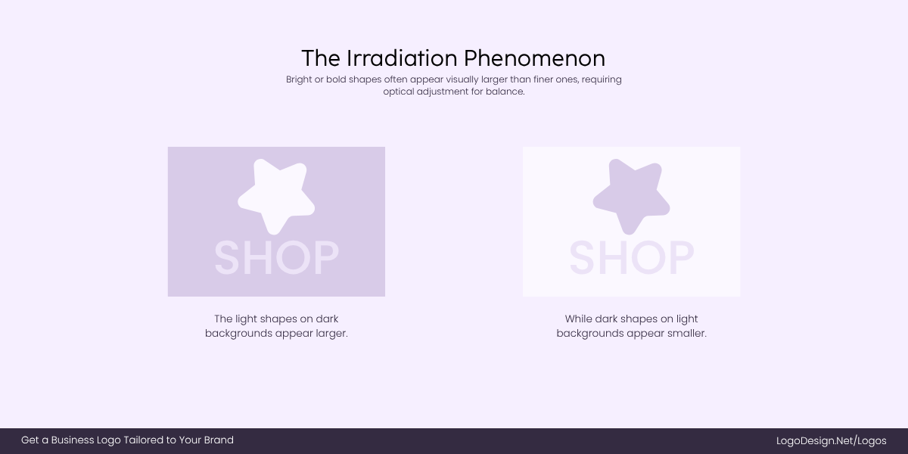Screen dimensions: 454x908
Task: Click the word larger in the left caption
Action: click(x=331, y=334)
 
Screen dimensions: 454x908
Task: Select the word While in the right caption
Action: click(x=578, y=319)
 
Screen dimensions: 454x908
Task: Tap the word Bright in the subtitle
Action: click(x=300, y=79)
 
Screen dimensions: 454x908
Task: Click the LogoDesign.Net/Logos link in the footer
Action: click(x=831, y=440)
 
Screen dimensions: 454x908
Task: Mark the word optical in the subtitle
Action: click(x=400, y=92)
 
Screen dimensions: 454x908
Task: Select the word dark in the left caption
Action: click(x=327, y=319)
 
